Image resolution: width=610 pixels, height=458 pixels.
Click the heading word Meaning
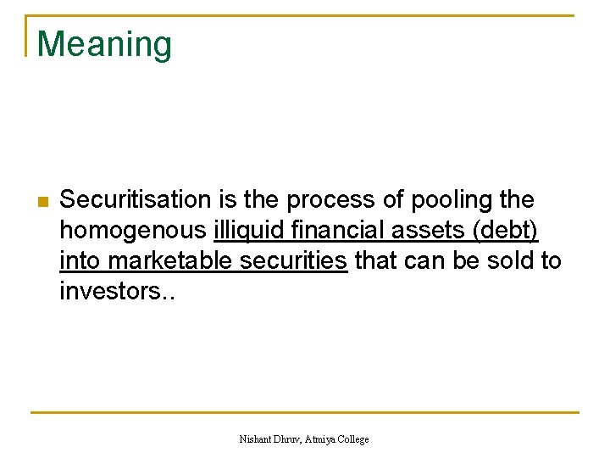(104, 44)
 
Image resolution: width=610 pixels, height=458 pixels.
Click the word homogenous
(133, 231)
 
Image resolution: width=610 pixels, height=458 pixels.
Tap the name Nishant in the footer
(258, 439)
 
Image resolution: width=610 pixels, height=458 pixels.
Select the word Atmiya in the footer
(327, 439)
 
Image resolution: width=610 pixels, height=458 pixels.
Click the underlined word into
(78, 260)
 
